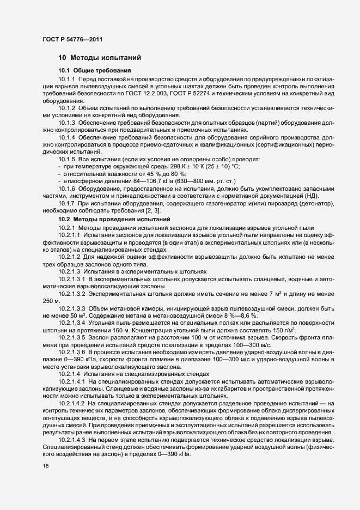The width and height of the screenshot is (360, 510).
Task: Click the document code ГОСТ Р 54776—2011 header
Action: coord(72,39)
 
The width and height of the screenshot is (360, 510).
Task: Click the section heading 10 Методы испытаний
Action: coord(100,57)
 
